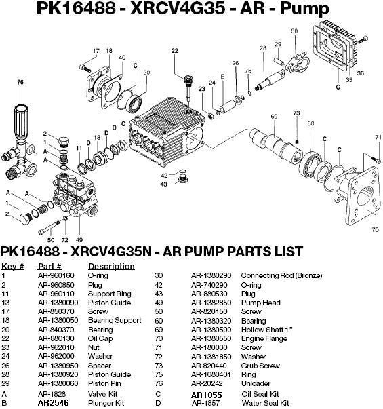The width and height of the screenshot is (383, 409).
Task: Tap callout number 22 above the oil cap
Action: tap(174, 52)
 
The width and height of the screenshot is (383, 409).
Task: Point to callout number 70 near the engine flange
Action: tap(376, 230)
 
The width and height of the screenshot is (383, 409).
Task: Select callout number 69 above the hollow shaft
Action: tap(275, 117)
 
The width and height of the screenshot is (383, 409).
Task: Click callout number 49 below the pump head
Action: tap(80, 240)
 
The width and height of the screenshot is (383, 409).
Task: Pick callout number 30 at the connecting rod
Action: tap(294, 31)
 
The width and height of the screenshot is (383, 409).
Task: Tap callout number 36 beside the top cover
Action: tap(361, 73)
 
